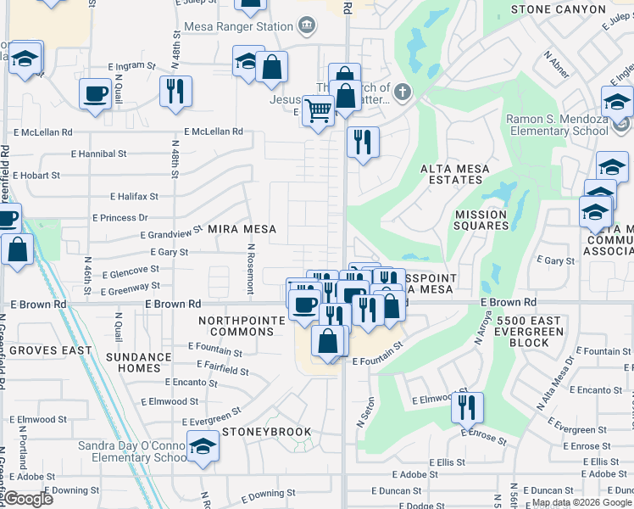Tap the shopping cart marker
pyautogui.click(x=318, y=110)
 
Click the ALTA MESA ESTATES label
pyautogui.click(x=455, y=174)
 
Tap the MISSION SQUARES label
pyautogui.click(x=481, y=220)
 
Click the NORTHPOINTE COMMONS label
pyautogui.click(x=236, y=326)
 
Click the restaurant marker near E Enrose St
pyautogui.click(x=466, y=407)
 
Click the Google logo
pyautogui.click(x=28, y=499)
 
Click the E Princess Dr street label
pyautogui.click(x=123, y=217)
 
